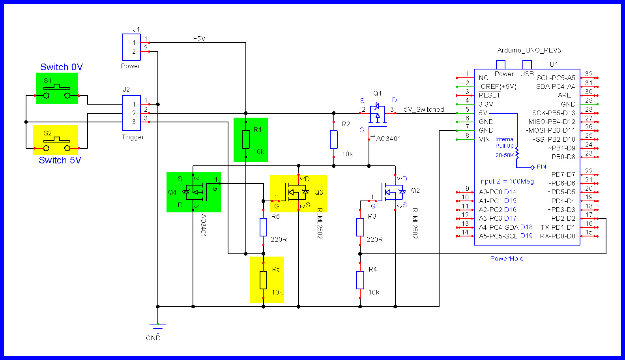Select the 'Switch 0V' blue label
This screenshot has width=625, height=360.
62,67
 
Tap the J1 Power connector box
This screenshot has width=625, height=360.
131,47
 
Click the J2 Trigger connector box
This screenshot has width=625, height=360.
131,113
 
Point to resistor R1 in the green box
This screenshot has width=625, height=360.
246,139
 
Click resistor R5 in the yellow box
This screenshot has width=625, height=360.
263,280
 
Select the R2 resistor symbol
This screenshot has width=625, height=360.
334,139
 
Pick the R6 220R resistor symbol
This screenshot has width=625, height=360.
263,227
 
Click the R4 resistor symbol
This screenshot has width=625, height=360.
360,280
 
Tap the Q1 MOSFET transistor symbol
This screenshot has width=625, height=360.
378,114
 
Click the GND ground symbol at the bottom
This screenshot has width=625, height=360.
157,326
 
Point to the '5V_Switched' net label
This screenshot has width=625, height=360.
424,109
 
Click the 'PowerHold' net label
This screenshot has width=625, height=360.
507,259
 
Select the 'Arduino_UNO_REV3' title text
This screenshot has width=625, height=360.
529,50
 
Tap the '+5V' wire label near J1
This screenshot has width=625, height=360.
199,39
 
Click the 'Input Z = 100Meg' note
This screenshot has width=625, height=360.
506,181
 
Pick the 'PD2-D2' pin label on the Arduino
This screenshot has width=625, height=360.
563,218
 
